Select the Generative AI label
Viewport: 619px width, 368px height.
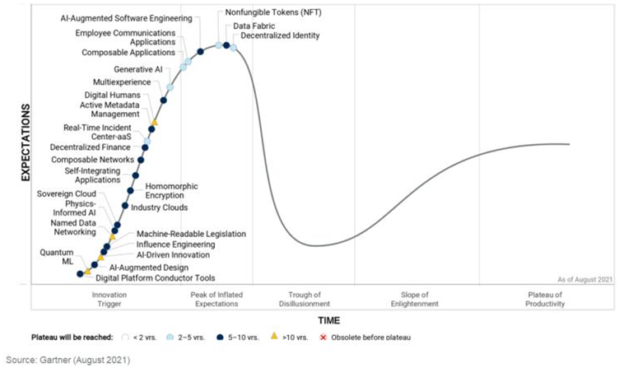[138, 69]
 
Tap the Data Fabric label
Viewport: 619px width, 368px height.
[254, 26]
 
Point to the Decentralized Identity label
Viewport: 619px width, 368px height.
[281, 36]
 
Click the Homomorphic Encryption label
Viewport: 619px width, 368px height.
[170, 191]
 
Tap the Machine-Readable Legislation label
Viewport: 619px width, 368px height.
[191, 234]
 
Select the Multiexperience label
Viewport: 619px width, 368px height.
[122, 82]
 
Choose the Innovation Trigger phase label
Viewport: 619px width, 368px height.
[111, 299]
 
